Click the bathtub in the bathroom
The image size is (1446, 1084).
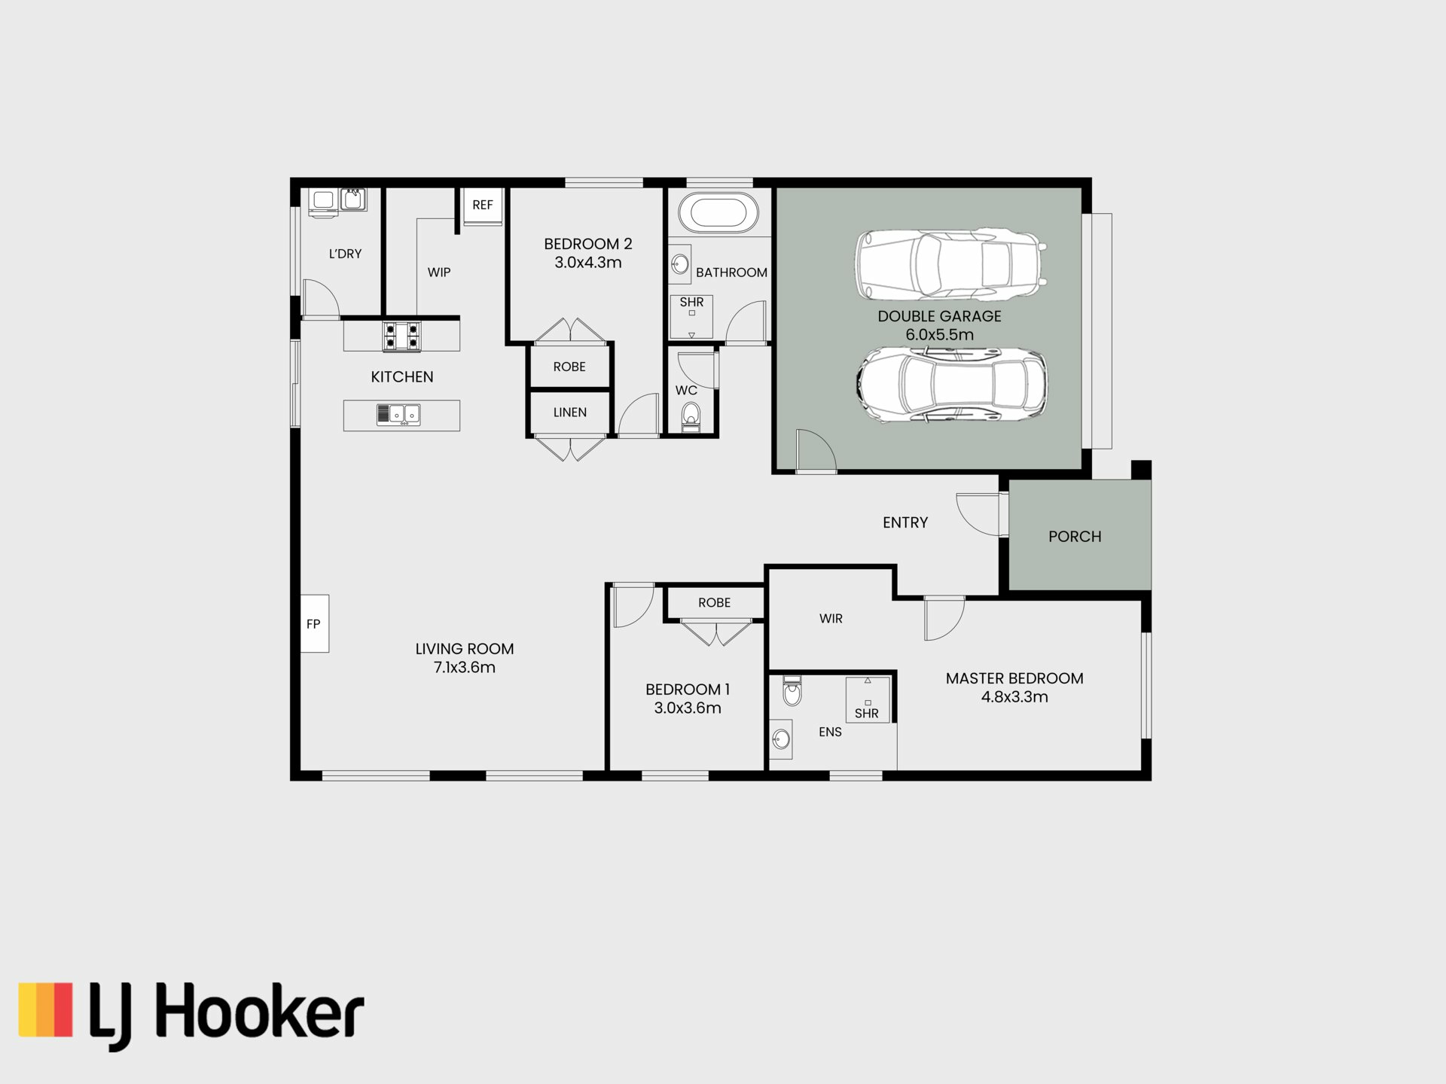(x=718, y=212)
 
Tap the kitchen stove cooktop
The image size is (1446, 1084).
(x=401, y=336)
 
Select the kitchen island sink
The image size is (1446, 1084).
(x=398, y=414)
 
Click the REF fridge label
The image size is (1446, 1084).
(x=483, y=205)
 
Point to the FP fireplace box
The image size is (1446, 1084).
(x=315, y=623)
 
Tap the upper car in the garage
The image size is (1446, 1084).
(x=950, y=265)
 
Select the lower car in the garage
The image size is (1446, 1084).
(x=951, y=385)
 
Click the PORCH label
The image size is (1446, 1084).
(x=1075, y=537)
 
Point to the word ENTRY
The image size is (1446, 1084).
(x=905, y=522)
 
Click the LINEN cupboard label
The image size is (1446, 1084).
(x=570, y=413)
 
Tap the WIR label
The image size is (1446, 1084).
(x=831, y=619)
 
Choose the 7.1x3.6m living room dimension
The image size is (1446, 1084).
(x=465, y=668)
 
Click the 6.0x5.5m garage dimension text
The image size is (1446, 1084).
(x=940, y=335)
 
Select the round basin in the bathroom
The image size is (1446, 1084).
(x=680, y=264)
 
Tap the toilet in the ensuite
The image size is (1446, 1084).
(x=792, y=691)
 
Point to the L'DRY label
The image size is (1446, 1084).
(x=345, y=254)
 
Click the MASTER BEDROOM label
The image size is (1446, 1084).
(x=1014, y=678)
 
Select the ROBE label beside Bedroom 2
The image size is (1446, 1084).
(x=569, y=367)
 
